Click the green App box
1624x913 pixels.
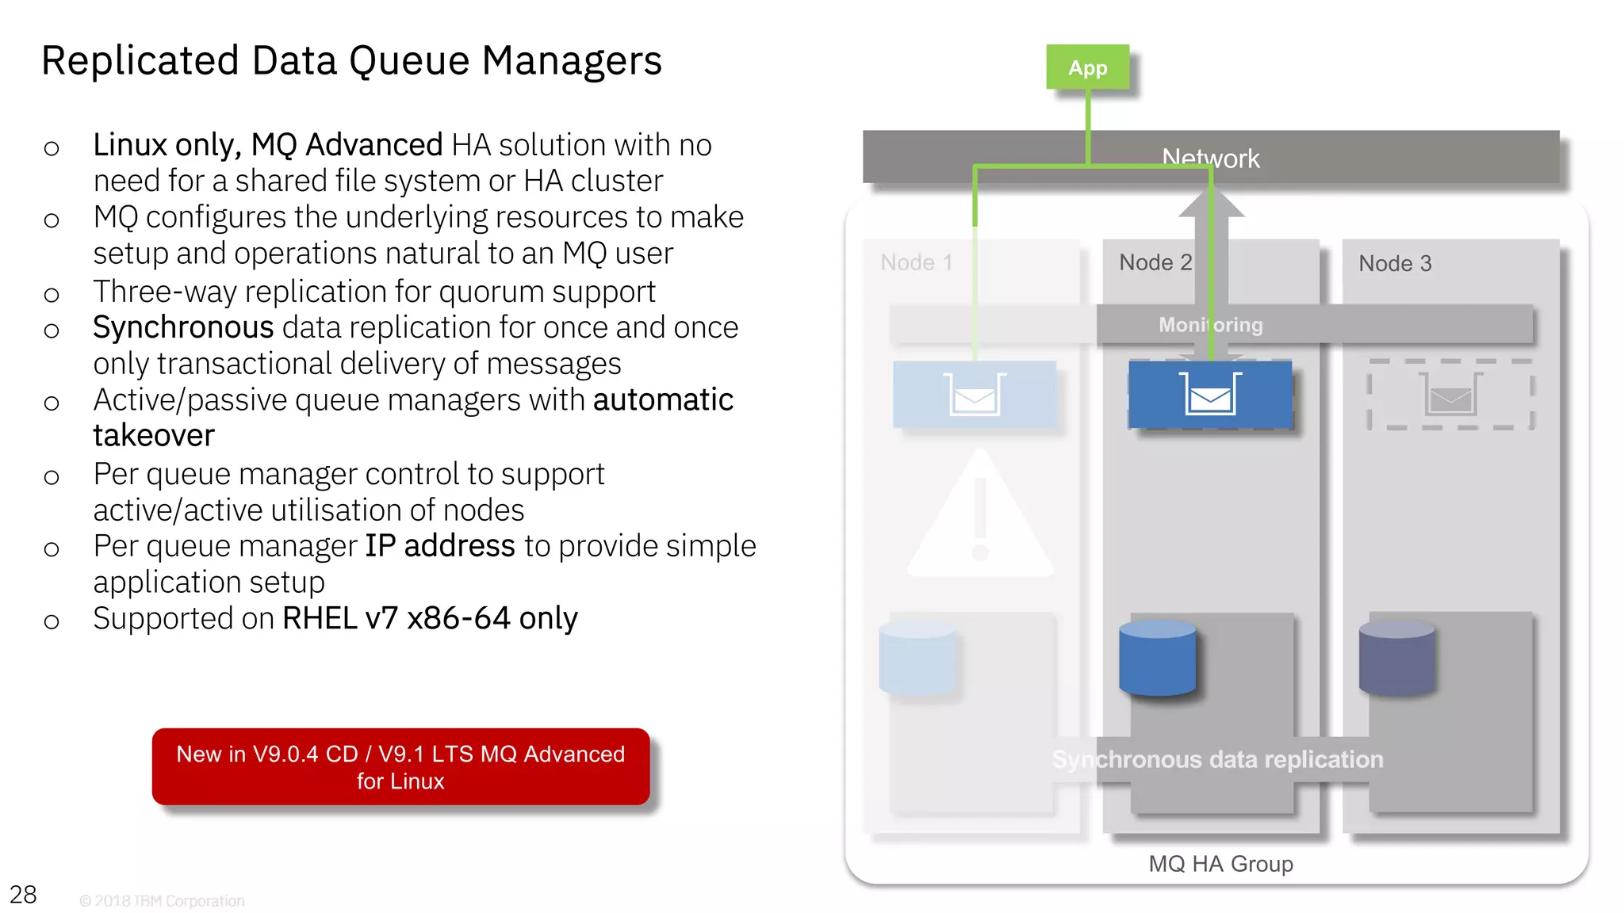click(x=1087, y=67)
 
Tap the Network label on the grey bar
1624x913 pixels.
click(x=1210, y=158)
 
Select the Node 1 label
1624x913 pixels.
click(x=916, y=262)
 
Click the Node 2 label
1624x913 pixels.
click(x=1155, y=262)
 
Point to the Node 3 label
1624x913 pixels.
click(x=1394, y=263)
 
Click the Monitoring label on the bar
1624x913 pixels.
click(x=1210, y=325)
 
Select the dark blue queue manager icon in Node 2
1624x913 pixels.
click(x=1210, y=394)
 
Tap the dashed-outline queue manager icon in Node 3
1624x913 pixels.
click(x=1450, y=394)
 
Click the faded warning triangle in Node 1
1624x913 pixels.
click(x=980, y=519)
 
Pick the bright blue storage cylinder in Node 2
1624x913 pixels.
click(x=1157, y=658)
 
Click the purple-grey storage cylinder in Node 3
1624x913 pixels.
click(x=1396, y=658)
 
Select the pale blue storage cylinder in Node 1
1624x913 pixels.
click(x=917, y=658)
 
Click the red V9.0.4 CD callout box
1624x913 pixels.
click(x=400, y=766)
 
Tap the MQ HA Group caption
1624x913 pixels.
click(x=1220, y=863)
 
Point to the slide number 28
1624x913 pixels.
click(x=23, y=894)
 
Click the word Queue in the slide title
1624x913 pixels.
click(x=409, y=61)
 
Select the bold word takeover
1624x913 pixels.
click(x=154, y=435)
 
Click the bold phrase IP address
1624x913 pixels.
click(x=439, y=546)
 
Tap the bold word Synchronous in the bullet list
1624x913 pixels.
click(x=183, y=327)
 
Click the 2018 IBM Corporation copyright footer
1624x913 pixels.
click(x=162, y=901)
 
